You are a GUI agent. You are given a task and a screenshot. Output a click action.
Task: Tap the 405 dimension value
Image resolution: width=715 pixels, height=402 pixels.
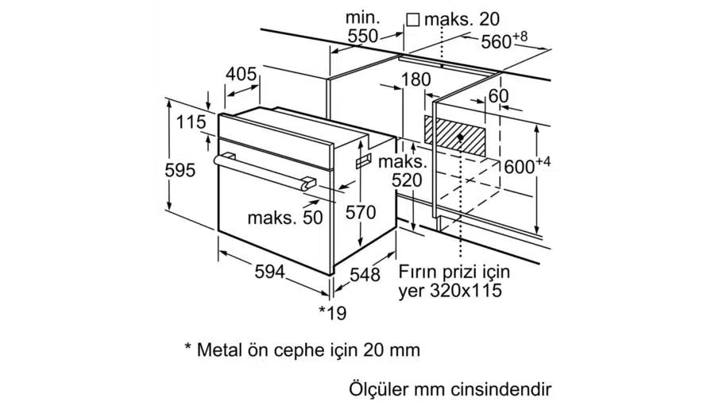pos(242,75)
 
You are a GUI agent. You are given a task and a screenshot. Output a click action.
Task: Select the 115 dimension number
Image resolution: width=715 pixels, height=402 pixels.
pos(191,123)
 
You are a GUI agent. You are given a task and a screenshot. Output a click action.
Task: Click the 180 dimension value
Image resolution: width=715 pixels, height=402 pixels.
pos(415,79)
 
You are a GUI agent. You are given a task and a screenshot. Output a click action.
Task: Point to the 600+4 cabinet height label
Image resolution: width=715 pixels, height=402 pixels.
pos(527,166)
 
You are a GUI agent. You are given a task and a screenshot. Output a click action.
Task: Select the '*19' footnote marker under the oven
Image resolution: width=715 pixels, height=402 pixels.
pos(333,313)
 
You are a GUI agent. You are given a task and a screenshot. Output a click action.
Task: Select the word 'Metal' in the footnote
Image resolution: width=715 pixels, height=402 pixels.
pos(218,349)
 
